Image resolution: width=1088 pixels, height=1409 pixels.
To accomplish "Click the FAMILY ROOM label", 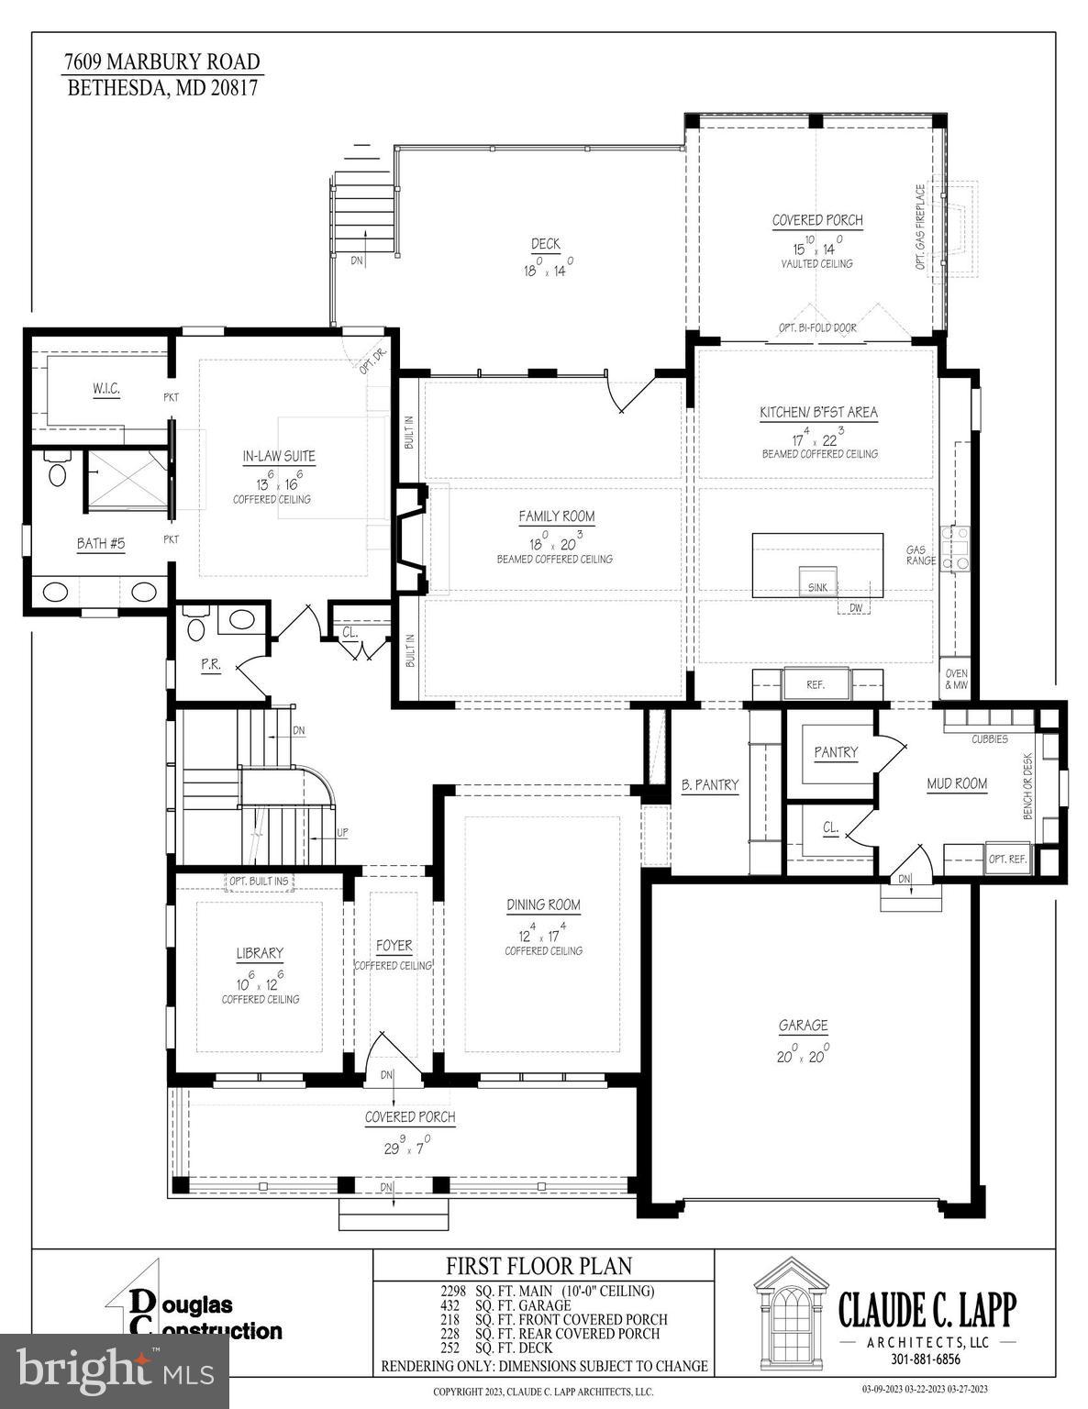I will (x=556, y=517).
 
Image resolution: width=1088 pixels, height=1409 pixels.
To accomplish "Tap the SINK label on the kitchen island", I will (x=816, y=587).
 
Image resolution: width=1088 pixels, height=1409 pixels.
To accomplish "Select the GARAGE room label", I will (x=803, y=1026).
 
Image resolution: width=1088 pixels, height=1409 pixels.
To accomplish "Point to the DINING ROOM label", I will (x=543, y=905).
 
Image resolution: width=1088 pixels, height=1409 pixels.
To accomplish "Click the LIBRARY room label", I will (x=260, y=954).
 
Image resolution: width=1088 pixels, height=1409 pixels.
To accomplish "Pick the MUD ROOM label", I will (x=957, y=783).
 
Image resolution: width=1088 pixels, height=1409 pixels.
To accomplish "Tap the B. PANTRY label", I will (x=709, y=785).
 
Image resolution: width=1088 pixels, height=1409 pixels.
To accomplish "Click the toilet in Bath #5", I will (x=57, y=472).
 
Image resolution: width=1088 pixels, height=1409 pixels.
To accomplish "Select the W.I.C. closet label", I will (x=105, y=390).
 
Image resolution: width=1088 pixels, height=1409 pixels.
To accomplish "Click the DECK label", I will (x=545, y=244).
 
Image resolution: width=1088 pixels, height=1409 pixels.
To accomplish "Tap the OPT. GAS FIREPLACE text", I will (x=920, y=227).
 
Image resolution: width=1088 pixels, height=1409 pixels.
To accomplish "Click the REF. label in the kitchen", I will (x=816, y=684).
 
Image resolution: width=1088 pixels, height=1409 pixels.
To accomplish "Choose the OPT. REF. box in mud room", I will (x=1007, y=860).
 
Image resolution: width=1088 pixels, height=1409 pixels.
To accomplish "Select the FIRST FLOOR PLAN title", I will (x=539, y=1267).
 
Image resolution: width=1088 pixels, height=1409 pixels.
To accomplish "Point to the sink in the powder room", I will (x=241, y=620).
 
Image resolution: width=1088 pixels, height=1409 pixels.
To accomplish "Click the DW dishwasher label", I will (x=854, y=608).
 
